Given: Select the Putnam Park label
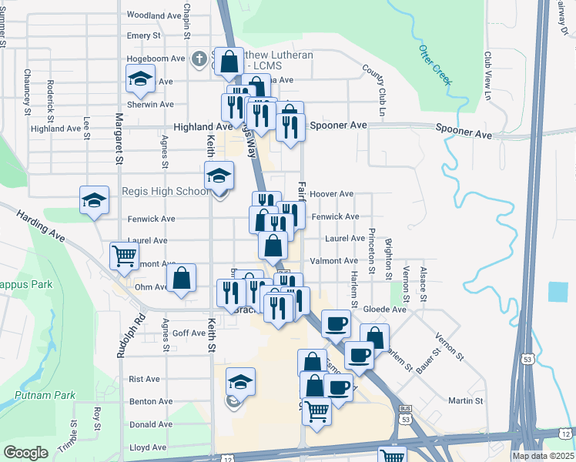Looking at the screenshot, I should point(45,395).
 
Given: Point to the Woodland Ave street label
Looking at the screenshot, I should point(154,15).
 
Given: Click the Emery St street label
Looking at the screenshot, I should point(144,35).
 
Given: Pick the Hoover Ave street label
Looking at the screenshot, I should point(332,194).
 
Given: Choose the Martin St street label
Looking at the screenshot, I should point(465,400).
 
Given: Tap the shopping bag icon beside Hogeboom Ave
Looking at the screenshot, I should point(229,62).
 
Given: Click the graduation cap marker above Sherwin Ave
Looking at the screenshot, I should point(140,79).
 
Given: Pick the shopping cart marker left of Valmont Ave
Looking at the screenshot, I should point(125,256).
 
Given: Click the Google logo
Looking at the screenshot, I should point(25,453).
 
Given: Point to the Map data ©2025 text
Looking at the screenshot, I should point(543,456).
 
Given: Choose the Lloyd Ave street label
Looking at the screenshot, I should point(148,447).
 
